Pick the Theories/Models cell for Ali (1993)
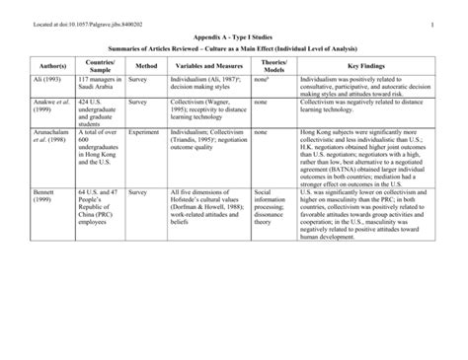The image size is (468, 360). [262, 78]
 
